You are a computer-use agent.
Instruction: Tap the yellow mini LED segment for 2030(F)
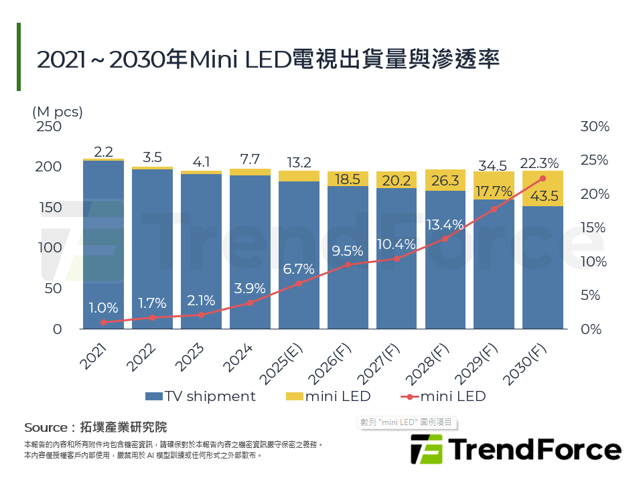pos(543,188)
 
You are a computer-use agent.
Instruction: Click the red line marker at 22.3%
pos(543,178)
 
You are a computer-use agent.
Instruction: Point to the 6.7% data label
pos(299,268)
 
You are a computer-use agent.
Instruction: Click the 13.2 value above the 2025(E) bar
pos(299,162)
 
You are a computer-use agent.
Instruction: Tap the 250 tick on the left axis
pos(48,127)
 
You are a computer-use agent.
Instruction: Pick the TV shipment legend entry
pos(200,396)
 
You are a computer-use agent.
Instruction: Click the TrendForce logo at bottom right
pos(515,449)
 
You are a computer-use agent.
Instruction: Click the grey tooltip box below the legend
pos(407,422)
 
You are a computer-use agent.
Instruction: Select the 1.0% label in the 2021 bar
pos(103,308)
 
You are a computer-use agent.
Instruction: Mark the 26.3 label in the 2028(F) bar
pos(445,181)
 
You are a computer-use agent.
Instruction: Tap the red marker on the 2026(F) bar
pos(348,264)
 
